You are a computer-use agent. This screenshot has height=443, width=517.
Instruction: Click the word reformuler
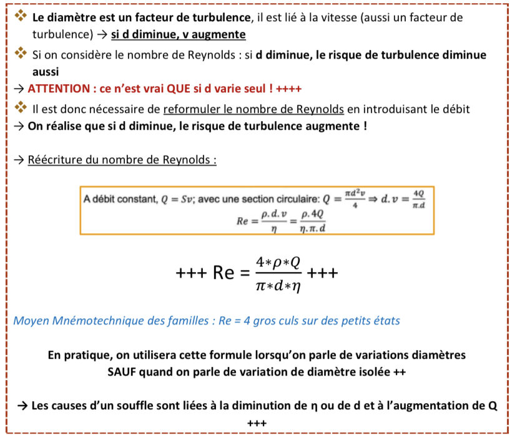tap(191, 109)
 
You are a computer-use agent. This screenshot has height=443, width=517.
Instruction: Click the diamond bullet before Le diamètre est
tap(22, 17)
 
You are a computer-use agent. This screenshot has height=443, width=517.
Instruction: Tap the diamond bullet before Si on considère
tap(22, 55)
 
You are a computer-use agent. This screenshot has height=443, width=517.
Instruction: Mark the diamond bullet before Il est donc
tap(22, 109)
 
